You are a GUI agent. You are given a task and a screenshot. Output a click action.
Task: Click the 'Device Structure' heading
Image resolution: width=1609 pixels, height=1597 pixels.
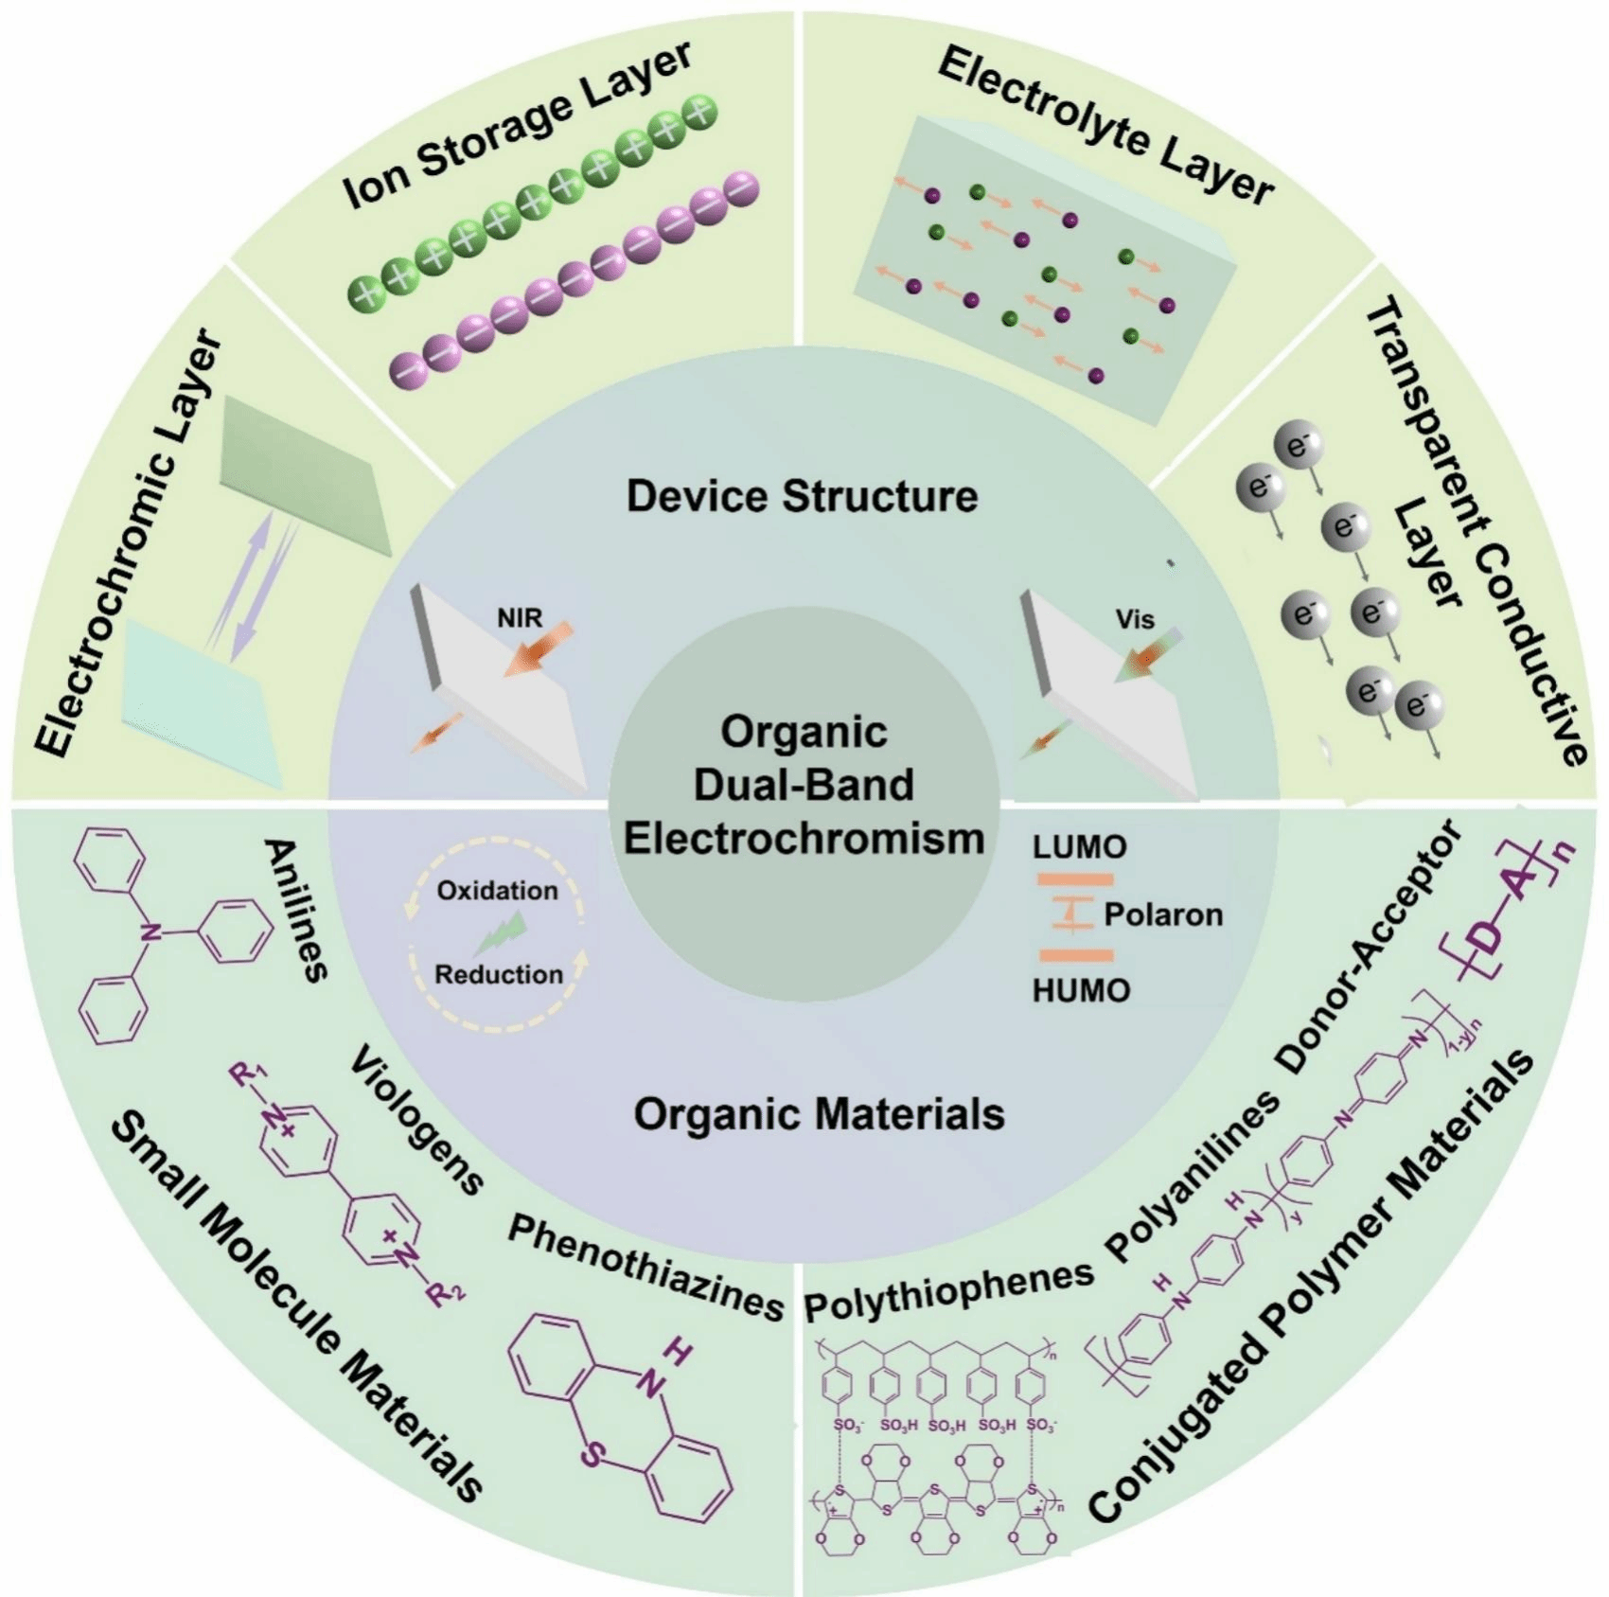[x=802, y=496]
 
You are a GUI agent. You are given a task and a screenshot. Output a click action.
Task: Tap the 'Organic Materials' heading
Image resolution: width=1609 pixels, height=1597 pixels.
[x=819, y=1113]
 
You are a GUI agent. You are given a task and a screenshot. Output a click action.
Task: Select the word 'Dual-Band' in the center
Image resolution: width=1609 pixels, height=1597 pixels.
[x=804, y=785]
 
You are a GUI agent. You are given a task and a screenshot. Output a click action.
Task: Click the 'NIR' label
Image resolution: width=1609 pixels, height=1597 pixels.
[x=520, y=618]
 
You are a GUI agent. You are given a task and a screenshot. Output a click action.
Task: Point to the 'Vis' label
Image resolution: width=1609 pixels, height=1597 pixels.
[x=1135, y=620]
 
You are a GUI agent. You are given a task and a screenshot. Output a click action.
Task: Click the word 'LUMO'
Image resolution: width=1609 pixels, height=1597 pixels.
[x=1079, y=846]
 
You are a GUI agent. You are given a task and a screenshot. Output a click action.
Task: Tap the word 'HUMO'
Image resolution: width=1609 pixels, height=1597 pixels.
[x=1081, y=991]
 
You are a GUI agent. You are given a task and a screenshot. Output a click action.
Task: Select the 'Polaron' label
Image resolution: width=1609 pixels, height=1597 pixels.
[x=1163, y=914]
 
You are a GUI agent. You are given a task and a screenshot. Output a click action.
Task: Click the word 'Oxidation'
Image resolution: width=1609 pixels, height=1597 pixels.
[x=497, y=891]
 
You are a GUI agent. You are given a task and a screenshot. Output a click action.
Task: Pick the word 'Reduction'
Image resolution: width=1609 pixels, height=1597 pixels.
[x=499, y=974]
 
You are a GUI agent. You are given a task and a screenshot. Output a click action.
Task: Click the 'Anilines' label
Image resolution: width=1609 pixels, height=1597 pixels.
[x=296, y=909]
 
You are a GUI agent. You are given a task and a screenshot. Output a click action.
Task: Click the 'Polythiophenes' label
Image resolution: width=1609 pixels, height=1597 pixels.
[x=948, y=1291]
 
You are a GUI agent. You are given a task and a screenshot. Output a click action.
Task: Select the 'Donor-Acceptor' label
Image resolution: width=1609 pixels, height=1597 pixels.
[x=1368, y=947]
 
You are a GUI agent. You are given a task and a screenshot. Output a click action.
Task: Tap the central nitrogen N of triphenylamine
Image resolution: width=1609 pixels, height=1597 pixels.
[x=147, y=933]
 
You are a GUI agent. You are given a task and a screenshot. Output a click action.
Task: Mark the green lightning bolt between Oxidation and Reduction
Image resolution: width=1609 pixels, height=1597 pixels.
[x=500, y=933]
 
